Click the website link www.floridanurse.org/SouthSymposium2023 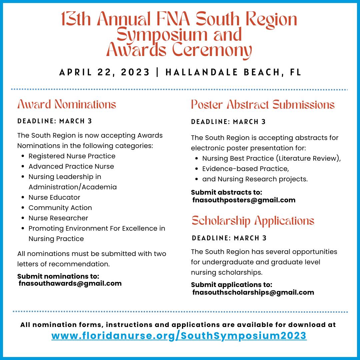pos(179,335)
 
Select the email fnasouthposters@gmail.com pos(244,200)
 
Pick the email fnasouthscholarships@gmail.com pos(253,293)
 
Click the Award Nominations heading pos(67,104)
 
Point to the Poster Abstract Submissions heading pos(263,105)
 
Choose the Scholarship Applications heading pos(253,221)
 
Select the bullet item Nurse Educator pos(54,197)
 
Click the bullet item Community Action pos(60,208)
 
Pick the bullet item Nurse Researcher pos(58,218)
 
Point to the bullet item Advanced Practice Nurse pos(71,166)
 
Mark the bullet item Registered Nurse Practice pos(72,156)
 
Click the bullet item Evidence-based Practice pos(245,169)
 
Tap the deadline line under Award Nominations pos(55,121)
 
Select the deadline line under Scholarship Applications pos(229,238)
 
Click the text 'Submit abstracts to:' pos(227,193)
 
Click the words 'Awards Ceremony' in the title pos(179,50)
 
